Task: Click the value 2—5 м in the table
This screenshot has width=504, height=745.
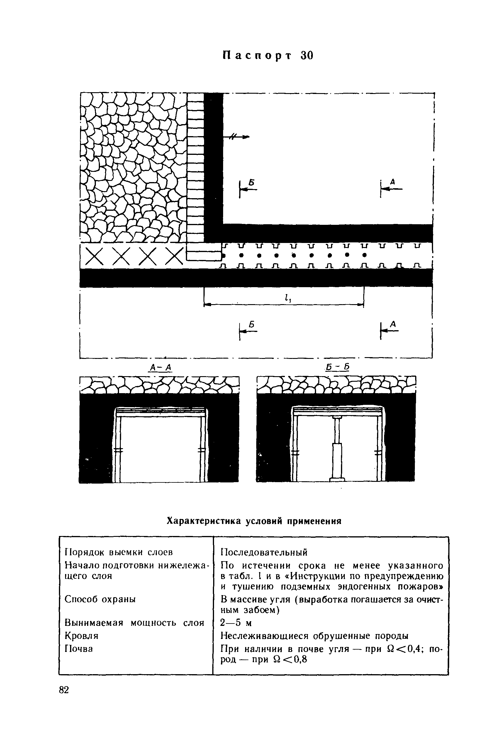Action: point(236,632)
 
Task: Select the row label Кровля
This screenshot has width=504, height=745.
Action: point(82,645)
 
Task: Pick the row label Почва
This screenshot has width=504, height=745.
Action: point(79,658)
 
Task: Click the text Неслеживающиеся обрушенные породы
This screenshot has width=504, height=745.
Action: point(315,645)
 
